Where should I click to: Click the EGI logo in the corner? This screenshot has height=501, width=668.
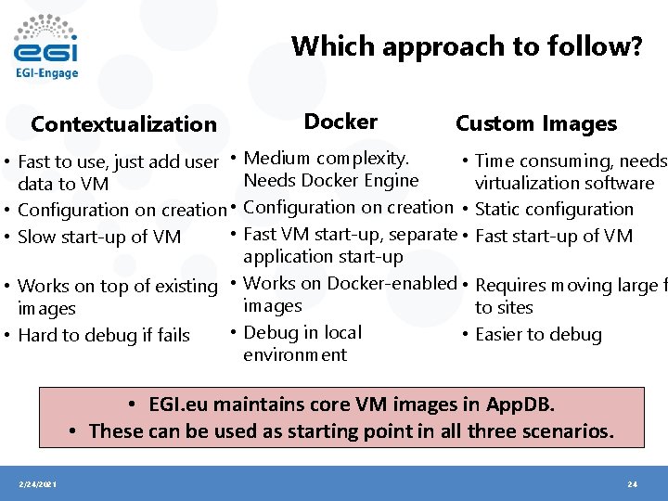(45, 46)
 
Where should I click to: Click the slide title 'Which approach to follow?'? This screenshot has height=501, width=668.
(466, 46)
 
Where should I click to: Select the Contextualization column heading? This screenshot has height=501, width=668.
(123, 124)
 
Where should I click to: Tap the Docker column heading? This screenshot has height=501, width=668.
(340, 122)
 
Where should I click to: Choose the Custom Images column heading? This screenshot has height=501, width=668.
(535, 123)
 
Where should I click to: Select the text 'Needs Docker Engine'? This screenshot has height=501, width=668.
(330, 181)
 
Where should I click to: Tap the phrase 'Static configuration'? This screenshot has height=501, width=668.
(554, 210)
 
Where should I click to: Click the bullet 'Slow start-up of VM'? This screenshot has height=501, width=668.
(99, 237)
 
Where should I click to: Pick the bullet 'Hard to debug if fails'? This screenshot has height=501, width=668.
(104, 335)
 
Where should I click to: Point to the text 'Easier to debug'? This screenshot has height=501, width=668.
(538, 335)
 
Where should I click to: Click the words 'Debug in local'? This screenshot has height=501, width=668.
(302, 332)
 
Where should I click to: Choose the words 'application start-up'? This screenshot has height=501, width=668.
(323, 257)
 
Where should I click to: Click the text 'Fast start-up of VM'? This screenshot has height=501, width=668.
(554, 237)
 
